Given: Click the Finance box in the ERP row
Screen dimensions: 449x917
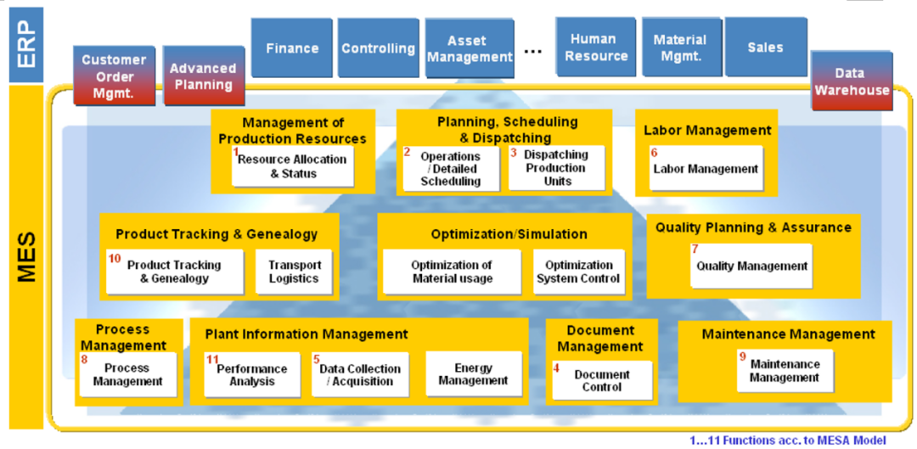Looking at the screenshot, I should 292,48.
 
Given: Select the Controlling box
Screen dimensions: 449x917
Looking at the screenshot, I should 378,48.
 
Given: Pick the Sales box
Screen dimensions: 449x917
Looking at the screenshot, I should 765,48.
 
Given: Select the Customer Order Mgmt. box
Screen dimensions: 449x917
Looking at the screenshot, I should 114,76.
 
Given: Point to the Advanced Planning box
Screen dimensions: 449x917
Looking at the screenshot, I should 203,76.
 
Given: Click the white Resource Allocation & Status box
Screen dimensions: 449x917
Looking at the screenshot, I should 293,166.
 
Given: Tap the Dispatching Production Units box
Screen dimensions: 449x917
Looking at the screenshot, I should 556,168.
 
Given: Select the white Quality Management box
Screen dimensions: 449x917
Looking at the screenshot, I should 751,266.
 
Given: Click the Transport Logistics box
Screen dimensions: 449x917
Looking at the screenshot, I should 294,272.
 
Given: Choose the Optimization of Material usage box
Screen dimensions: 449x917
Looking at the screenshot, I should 451,272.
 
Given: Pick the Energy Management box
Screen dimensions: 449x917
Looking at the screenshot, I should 473,374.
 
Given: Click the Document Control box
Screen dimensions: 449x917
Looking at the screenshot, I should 602,380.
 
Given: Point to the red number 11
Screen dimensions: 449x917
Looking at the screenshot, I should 212,360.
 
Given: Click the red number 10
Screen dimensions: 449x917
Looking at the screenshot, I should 115,258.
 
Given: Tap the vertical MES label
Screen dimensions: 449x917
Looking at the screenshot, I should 26,250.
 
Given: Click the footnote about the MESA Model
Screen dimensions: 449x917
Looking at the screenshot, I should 787,441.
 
